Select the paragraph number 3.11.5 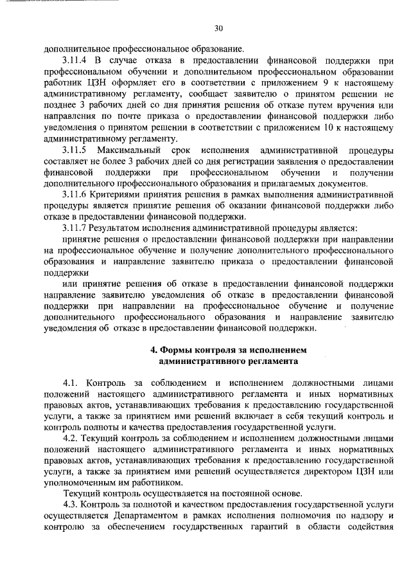(x=76, y=150)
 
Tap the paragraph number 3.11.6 (x=76, y=194)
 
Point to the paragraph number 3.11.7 (x=76, y=228)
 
